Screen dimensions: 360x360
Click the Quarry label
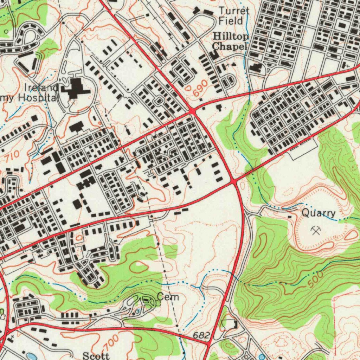(319, 213)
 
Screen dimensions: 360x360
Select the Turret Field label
(234, 16)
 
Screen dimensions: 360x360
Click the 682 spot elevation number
(201, 336)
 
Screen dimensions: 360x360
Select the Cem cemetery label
(168, 297)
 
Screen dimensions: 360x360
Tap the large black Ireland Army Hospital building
(75, 89)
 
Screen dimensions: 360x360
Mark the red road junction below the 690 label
(192, 111)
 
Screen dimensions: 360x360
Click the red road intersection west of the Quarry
(234, 181)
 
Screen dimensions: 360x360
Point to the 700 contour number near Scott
(111, 341)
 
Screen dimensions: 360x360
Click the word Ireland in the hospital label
(41, 88)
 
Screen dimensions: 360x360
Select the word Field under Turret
(231, 21)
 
